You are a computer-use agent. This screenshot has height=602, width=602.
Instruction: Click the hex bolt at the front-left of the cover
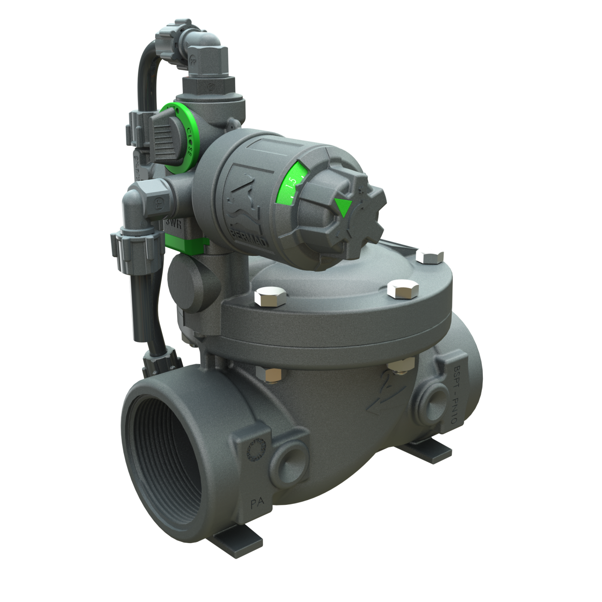(x=270, y=297)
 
